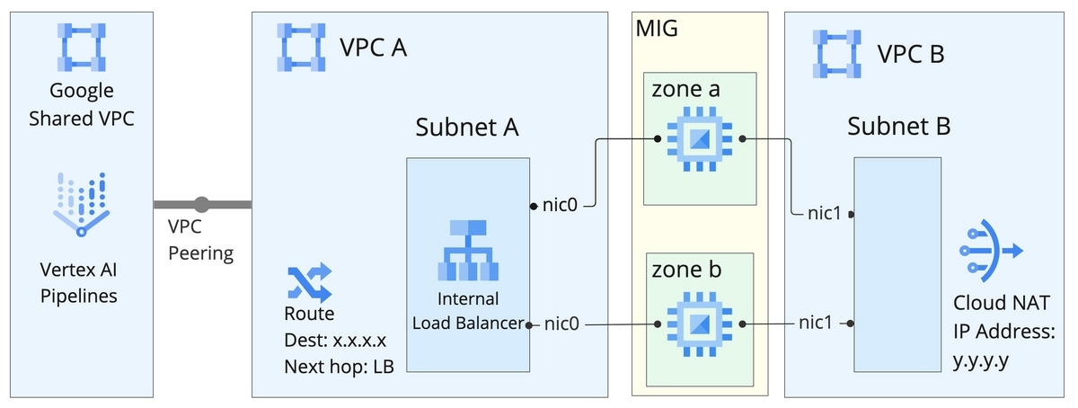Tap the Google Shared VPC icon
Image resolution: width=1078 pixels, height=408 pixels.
pyautogui.click(x=81, y=47)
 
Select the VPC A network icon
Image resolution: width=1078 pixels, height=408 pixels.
pyautogui.click(x=301, y=47)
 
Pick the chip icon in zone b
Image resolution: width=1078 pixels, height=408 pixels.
pyautogui.click(x=702, y=323)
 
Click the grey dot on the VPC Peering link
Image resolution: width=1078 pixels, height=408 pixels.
pyautogui.click(x=201, y=205)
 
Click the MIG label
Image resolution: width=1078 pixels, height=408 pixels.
pyautogui.click(x=657, y=28)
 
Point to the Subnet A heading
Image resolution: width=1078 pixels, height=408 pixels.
pyautogui.click(x=467, y=128)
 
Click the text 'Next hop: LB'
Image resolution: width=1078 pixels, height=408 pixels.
pyautogui.click(x=339, y=367)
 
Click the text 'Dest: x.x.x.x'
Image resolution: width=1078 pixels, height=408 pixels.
pyautogui.click(x=335, y=341)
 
